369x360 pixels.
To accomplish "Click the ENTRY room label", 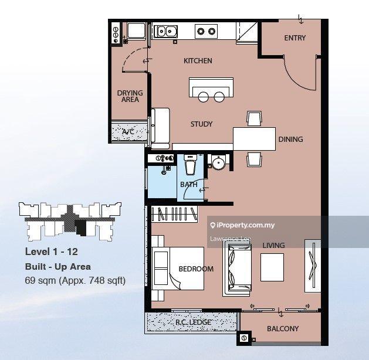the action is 294,38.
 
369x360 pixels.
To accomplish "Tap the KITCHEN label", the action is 198,61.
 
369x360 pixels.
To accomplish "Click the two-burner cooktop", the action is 206,31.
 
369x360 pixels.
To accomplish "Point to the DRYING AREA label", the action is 130,96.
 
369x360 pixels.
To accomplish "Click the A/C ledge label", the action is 128,132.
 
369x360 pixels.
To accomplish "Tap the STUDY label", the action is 201,124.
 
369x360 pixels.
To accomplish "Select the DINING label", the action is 290,139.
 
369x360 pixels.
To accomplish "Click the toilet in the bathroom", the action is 191,164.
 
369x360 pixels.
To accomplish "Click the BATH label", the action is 189,185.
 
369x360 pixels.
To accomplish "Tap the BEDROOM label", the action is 196,269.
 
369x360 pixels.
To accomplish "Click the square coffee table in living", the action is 272,267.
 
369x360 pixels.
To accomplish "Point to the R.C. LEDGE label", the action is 193,322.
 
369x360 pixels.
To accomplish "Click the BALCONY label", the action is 283,329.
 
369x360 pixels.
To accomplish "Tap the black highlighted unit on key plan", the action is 80,227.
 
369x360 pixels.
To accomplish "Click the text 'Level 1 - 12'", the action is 51,252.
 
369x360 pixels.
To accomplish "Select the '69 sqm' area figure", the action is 40,280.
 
